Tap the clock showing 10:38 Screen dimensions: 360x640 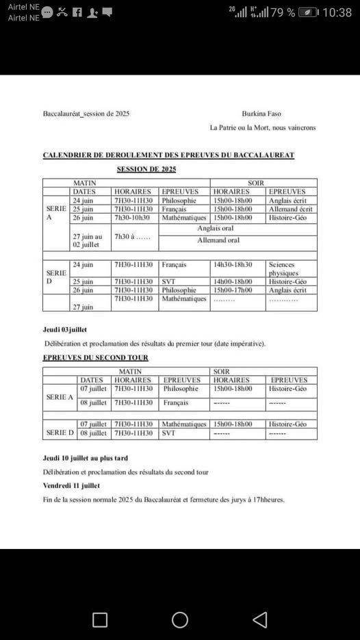pos(337,12)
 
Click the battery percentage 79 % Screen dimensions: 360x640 pos(283,12)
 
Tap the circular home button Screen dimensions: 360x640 pos(180,619)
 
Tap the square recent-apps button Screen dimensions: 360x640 pos(100,619)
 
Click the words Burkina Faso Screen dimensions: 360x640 pos(261,114)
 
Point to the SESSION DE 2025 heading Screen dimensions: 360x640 pos(146,168)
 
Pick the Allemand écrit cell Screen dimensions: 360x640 pos(291,209)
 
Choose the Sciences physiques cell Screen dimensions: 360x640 pos(284,268)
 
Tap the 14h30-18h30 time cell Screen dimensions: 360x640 pos(233,264)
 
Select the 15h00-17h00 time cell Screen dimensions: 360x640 pos(233,290)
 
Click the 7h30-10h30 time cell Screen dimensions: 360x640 pos(133,218)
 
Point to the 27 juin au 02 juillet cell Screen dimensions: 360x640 pos(88,240)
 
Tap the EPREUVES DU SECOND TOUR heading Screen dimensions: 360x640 pos(95,357)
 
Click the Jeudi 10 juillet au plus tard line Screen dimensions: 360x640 pos(85,458)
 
